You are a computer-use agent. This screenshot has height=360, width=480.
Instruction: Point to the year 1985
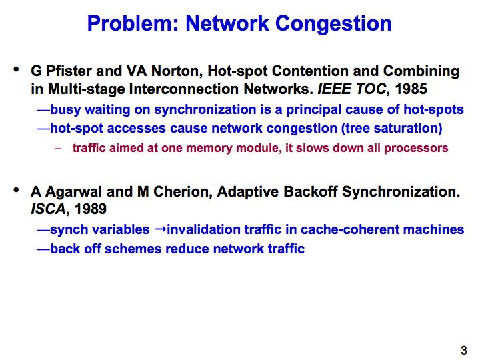(x=411, y=89)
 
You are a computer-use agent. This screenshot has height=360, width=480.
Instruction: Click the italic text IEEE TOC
(x=352, y=89)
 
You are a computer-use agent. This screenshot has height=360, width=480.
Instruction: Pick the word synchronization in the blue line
(x=205, y=110)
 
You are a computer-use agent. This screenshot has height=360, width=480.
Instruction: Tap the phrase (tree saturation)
(x=392, y=128)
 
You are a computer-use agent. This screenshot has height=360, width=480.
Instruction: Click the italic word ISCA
(x=48, y=209)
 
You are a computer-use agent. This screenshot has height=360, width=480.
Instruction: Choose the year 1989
(x=90, y=209)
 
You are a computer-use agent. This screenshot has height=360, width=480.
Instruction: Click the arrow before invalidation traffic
(x=161, y=229)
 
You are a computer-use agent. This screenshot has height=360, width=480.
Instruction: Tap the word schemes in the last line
(x=133, y=249)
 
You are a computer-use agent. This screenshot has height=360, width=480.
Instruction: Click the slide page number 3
(x=464, y=350)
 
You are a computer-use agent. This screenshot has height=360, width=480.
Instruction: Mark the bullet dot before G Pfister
(x=16, y=69)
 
